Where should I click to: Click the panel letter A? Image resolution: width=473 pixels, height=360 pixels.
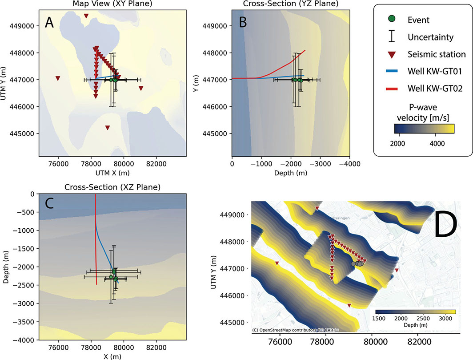tap(49, 23)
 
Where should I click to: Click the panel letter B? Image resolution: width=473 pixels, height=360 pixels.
tap(243, 23)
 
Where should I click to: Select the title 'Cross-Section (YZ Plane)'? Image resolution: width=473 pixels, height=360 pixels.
tap(291, 4)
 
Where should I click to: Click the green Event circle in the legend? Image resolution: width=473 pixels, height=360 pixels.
tap(391, 19)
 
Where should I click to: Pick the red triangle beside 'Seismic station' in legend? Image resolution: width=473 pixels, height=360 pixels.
tap(391, 54)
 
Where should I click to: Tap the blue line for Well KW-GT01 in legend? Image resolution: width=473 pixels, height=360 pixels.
tap(391, 72)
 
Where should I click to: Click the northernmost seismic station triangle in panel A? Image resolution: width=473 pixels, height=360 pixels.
tap(86, 16)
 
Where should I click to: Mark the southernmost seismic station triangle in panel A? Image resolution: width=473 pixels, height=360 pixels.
tap(107, 128)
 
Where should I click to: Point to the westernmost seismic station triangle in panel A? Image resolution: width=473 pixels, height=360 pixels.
tap(58, 78)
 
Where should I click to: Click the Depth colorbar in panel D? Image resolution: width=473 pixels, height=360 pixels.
tap(416, 312)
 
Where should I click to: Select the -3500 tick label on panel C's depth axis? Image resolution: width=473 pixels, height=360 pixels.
tap(26, 322)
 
